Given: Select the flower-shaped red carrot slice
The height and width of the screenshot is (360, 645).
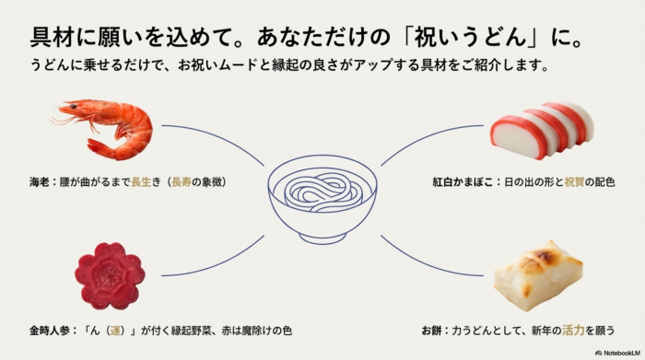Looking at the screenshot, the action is [x=110, y=275].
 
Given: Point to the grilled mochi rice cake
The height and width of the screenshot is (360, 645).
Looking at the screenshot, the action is [x=538, y=273].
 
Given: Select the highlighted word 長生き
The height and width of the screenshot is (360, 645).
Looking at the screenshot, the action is [x=147, y=181].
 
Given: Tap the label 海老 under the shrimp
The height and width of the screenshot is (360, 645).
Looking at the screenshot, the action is [x=39, y=181].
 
